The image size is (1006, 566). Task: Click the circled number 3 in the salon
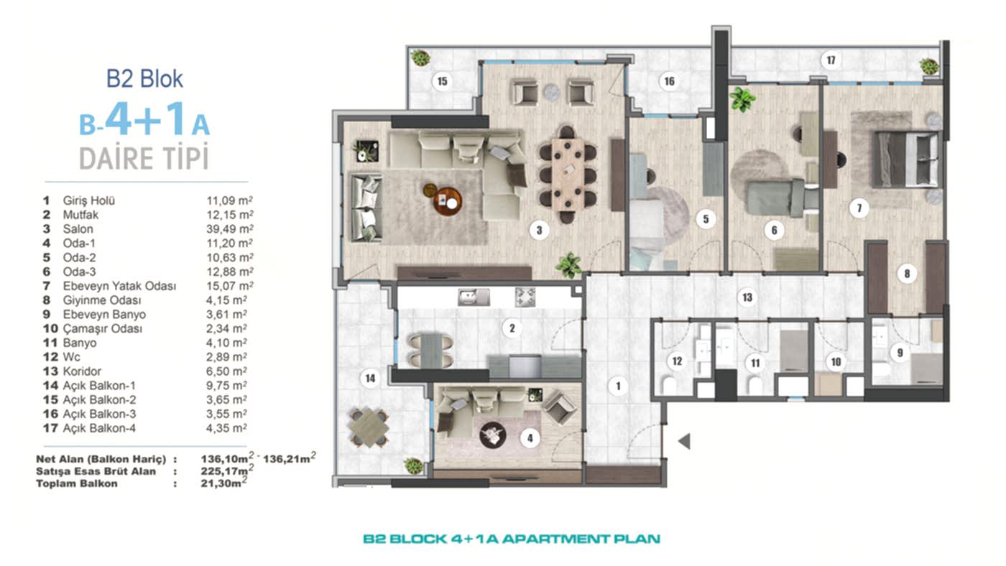pyautogui.click(x=538, y=231)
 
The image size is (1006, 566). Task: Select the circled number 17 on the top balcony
pyautogui.click(x=831, y=60)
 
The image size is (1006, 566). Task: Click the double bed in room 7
pyautogui.click(x=906, y=159)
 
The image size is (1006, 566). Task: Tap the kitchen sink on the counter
pyautogui.click(x=474, y=297)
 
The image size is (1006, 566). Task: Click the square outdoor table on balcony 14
pyautogui.click(x=369, y=427)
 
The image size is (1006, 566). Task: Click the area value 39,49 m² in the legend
pyautogui.click(x=226, y=229)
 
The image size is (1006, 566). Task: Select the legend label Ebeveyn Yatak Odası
pyautogui.click(x=119, y=286)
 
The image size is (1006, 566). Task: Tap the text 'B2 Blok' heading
pyautogui.click(x=144, y=78)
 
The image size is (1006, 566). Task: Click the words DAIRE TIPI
pyautogui.click(x=144, y=159)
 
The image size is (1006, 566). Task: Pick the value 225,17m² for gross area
pyautogui.click(x=226, y=471)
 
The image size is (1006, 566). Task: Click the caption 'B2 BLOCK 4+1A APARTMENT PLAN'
pyautogui.click(x=511, y=539)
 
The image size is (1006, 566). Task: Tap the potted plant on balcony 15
pyautogui.click(x=420, y=58)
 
